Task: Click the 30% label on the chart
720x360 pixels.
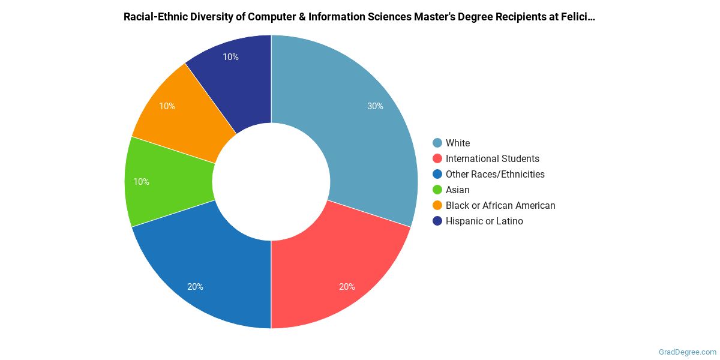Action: point(376,106)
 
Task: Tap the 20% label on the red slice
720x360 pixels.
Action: point(347,287)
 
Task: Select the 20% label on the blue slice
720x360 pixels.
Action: point(195,287)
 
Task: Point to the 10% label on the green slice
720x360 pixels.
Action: point(142,182)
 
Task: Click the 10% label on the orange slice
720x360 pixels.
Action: point(167,106)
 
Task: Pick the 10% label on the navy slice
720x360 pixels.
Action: point(230,57)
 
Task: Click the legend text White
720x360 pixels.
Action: point(458,143)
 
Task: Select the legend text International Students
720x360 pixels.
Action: point(492,158)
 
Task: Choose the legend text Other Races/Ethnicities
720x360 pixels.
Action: point(495,174)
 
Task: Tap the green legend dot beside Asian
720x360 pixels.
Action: point(437,190)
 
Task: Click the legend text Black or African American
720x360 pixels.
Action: point(500,205)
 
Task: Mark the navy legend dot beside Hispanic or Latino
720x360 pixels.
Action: point(437,221)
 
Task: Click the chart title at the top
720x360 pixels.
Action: point(359,17)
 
